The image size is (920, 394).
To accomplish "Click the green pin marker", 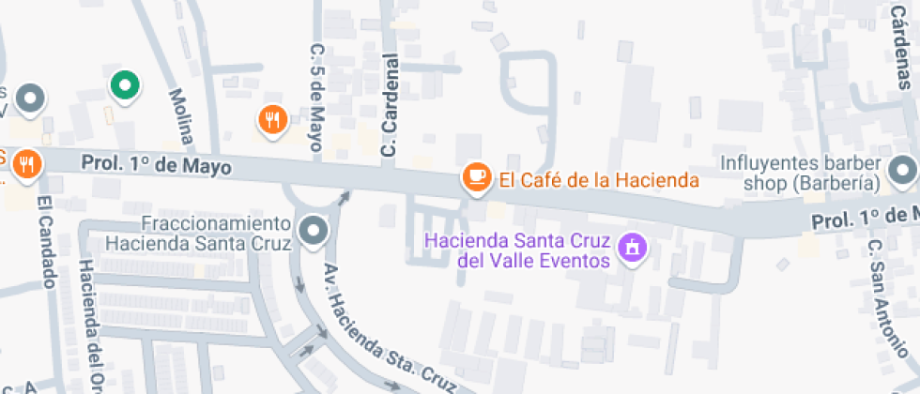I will (124, 86).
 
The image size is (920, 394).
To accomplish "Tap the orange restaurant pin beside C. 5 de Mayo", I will (272, 118).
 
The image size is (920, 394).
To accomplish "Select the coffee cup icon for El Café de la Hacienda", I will (477, 175).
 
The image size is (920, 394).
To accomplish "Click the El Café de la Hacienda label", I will (599, 180).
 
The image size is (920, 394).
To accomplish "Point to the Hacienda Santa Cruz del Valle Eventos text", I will (517, 249).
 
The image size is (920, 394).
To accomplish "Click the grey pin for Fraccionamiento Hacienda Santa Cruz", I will (313, 230).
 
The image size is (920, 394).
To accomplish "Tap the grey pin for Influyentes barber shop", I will (903, 171).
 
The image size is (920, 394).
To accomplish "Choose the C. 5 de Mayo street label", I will (317, 94).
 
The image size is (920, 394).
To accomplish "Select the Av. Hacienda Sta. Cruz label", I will (385, 328).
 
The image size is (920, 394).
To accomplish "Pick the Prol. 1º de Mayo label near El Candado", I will (156, 165).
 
